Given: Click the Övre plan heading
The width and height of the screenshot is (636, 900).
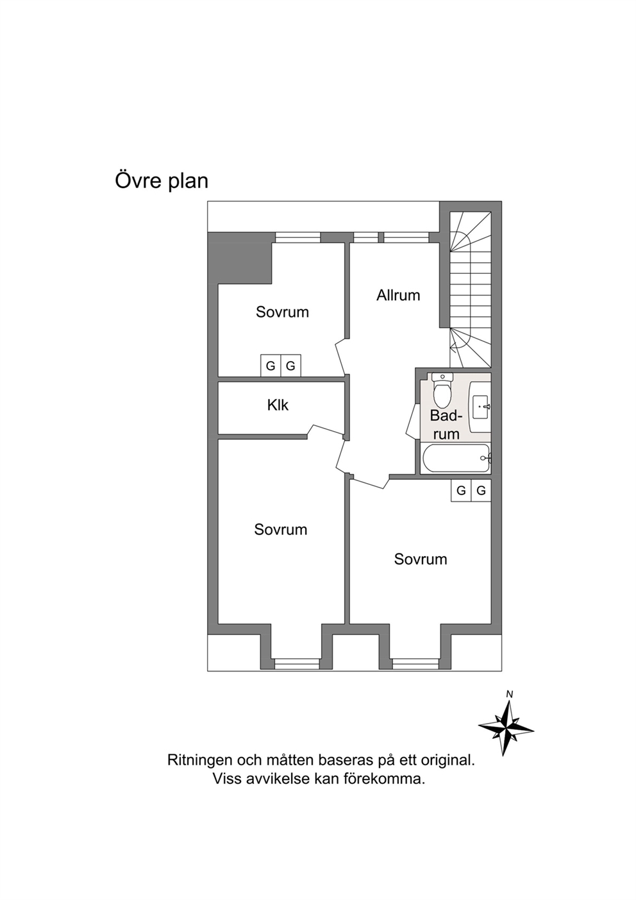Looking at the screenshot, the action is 162,181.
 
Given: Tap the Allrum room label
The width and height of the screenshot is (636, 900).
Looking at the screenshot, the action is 398,295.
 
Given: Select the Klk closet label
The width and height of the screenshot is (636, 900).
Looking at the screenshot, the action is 278,405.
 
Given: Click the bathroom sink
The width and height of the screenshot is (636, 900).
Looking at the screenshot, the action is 481,407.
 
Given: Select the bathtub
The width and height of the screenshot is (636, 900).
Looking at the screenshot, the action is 456,458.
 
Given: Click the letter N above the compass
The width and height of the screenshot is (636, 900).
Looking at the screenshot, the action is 510,694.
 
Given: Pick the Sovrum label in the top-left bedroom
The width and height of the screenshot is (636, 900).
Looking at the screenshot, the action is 282,312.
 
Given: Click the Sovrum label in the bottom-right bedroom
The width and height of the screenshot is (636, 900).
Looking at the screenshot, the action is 421,559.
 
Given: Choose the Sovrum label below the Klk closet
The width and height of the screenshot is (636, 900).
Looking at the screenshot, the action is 281,530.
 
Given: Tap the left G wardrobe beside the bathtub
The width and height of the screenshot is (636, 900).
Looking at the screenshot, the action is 461,490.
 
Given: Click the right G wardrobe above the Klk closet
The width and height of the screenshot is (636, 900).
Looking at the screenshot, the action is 290,366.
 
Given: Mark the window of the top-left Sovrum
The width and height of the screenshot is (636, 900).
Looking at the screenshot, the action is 297,237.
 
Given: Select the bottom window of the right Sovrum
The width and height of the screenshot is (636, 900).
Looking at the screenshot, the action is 415,663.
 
